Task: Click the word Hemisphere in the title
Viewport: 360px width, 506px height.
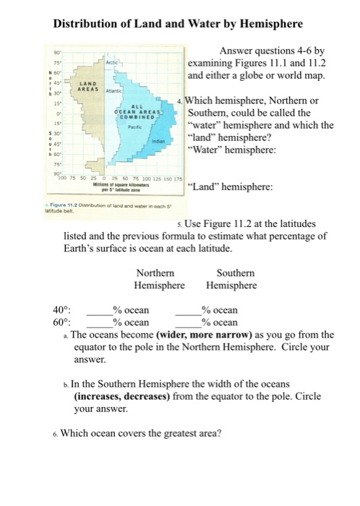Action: point(262,24)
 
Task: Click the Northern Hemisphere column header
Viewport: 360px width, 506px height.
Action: point(155,279)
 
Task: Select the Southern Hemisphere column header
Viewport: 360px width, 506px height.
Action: point(236,279)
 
